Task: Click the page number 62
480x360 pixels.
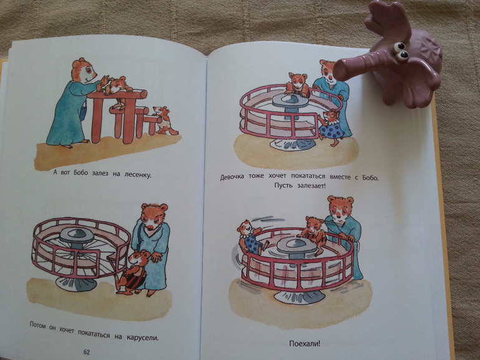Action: pyautogui.click(x=87, y=352)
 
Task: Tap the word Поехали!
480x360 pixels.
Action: pyautogui.click(x=305, y=343)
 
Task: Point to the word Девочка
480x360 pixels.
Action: pyautogui.click(x=232, y=177)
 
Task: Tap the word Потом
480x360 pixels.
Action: pyautogui.click(x=39, y=324)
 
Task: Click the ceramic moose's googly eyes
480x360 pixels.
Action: pyautogui.click(x=401, y=50)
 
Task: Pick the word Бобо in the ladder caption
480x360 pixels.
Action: pyautogui.click(x=80, y=173)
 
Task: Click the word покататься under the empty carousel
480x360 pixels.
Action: pyautogui.click(x=94, y=333)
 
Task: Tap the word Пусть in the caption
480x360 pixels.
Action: pyautogui.click(x=284, y=186)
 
